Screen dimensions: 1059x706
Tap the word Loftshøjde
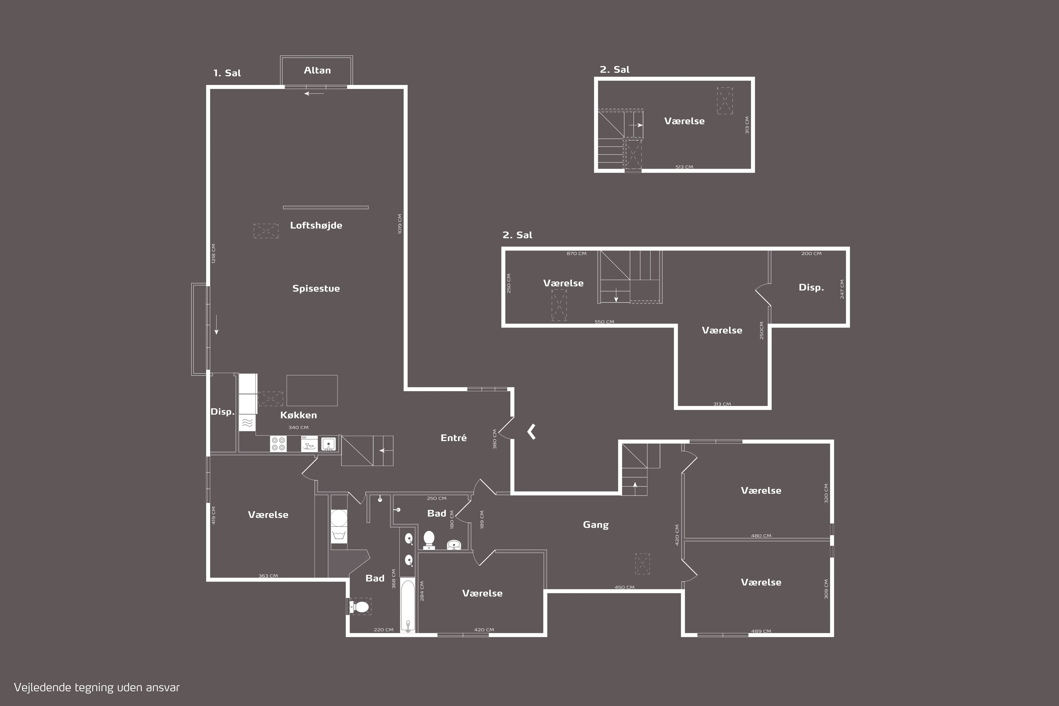[x=316, y=225]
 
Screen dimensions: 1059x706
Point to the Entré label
[x=453, y=438]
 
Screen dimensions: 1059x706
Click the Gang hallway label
[x=596, y=525]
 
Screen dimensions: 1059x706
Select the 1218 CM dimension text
[x=213, y=253]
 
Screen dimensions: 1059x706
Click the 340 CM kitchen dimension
[x=298, y=427]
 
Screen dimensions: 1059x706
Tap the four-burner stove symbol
[x=278, y=444]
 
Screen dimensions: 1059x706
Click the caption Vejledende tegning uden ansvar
[x=97, y=687]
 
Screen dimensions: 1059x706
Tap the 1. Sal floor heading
[x=227, y=73]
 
